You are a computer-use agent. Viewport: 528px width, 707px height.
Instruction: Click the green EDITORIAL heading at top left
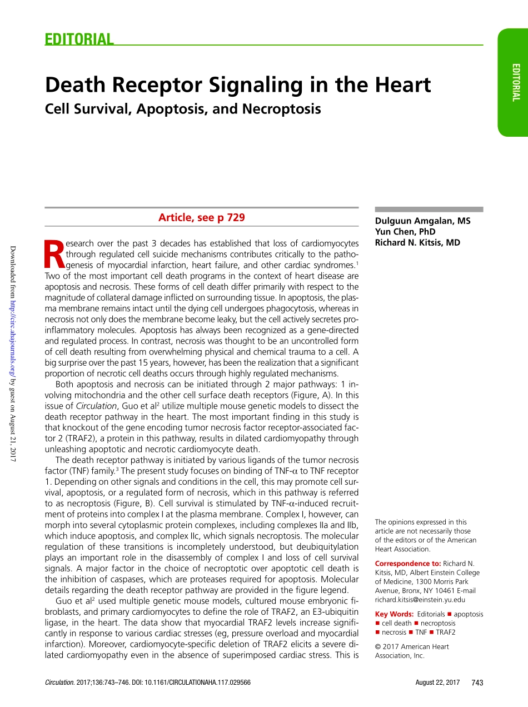coord(79,39)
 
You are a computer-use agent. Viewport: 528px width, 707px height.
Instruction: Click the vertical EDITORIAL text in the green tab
coord(516,82)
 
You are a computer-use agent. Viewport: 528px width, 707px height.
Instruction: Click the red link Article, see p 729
coord(201,217)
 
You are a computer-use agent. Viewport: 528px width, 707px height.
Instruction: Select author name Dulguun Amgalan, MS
coord(422,221)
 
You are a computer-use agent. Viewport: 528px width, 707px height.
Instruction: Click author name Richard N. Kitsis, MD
coord(417,242)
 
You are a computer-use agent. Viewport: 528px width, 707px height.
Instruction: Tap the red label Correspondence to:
coord(408,564)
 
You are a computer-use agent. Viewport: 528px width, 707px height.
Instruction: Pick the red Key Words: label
coord(395,614)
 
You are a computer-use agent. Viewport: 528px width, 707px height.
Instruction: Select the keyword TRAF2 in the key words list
coord(446,633)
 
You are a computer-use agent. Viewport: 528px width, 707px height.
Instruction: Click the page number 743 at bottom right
coord(477,683)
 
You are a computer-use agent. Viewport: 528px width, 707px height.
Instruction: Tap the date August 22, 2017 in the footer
coord(437,683)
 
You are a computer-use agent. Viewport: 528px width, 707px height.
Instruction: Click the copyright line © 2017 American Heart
coord(412,646)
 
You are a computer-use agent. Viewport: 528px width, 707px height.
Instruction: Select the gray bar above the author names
coord(429,210)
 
